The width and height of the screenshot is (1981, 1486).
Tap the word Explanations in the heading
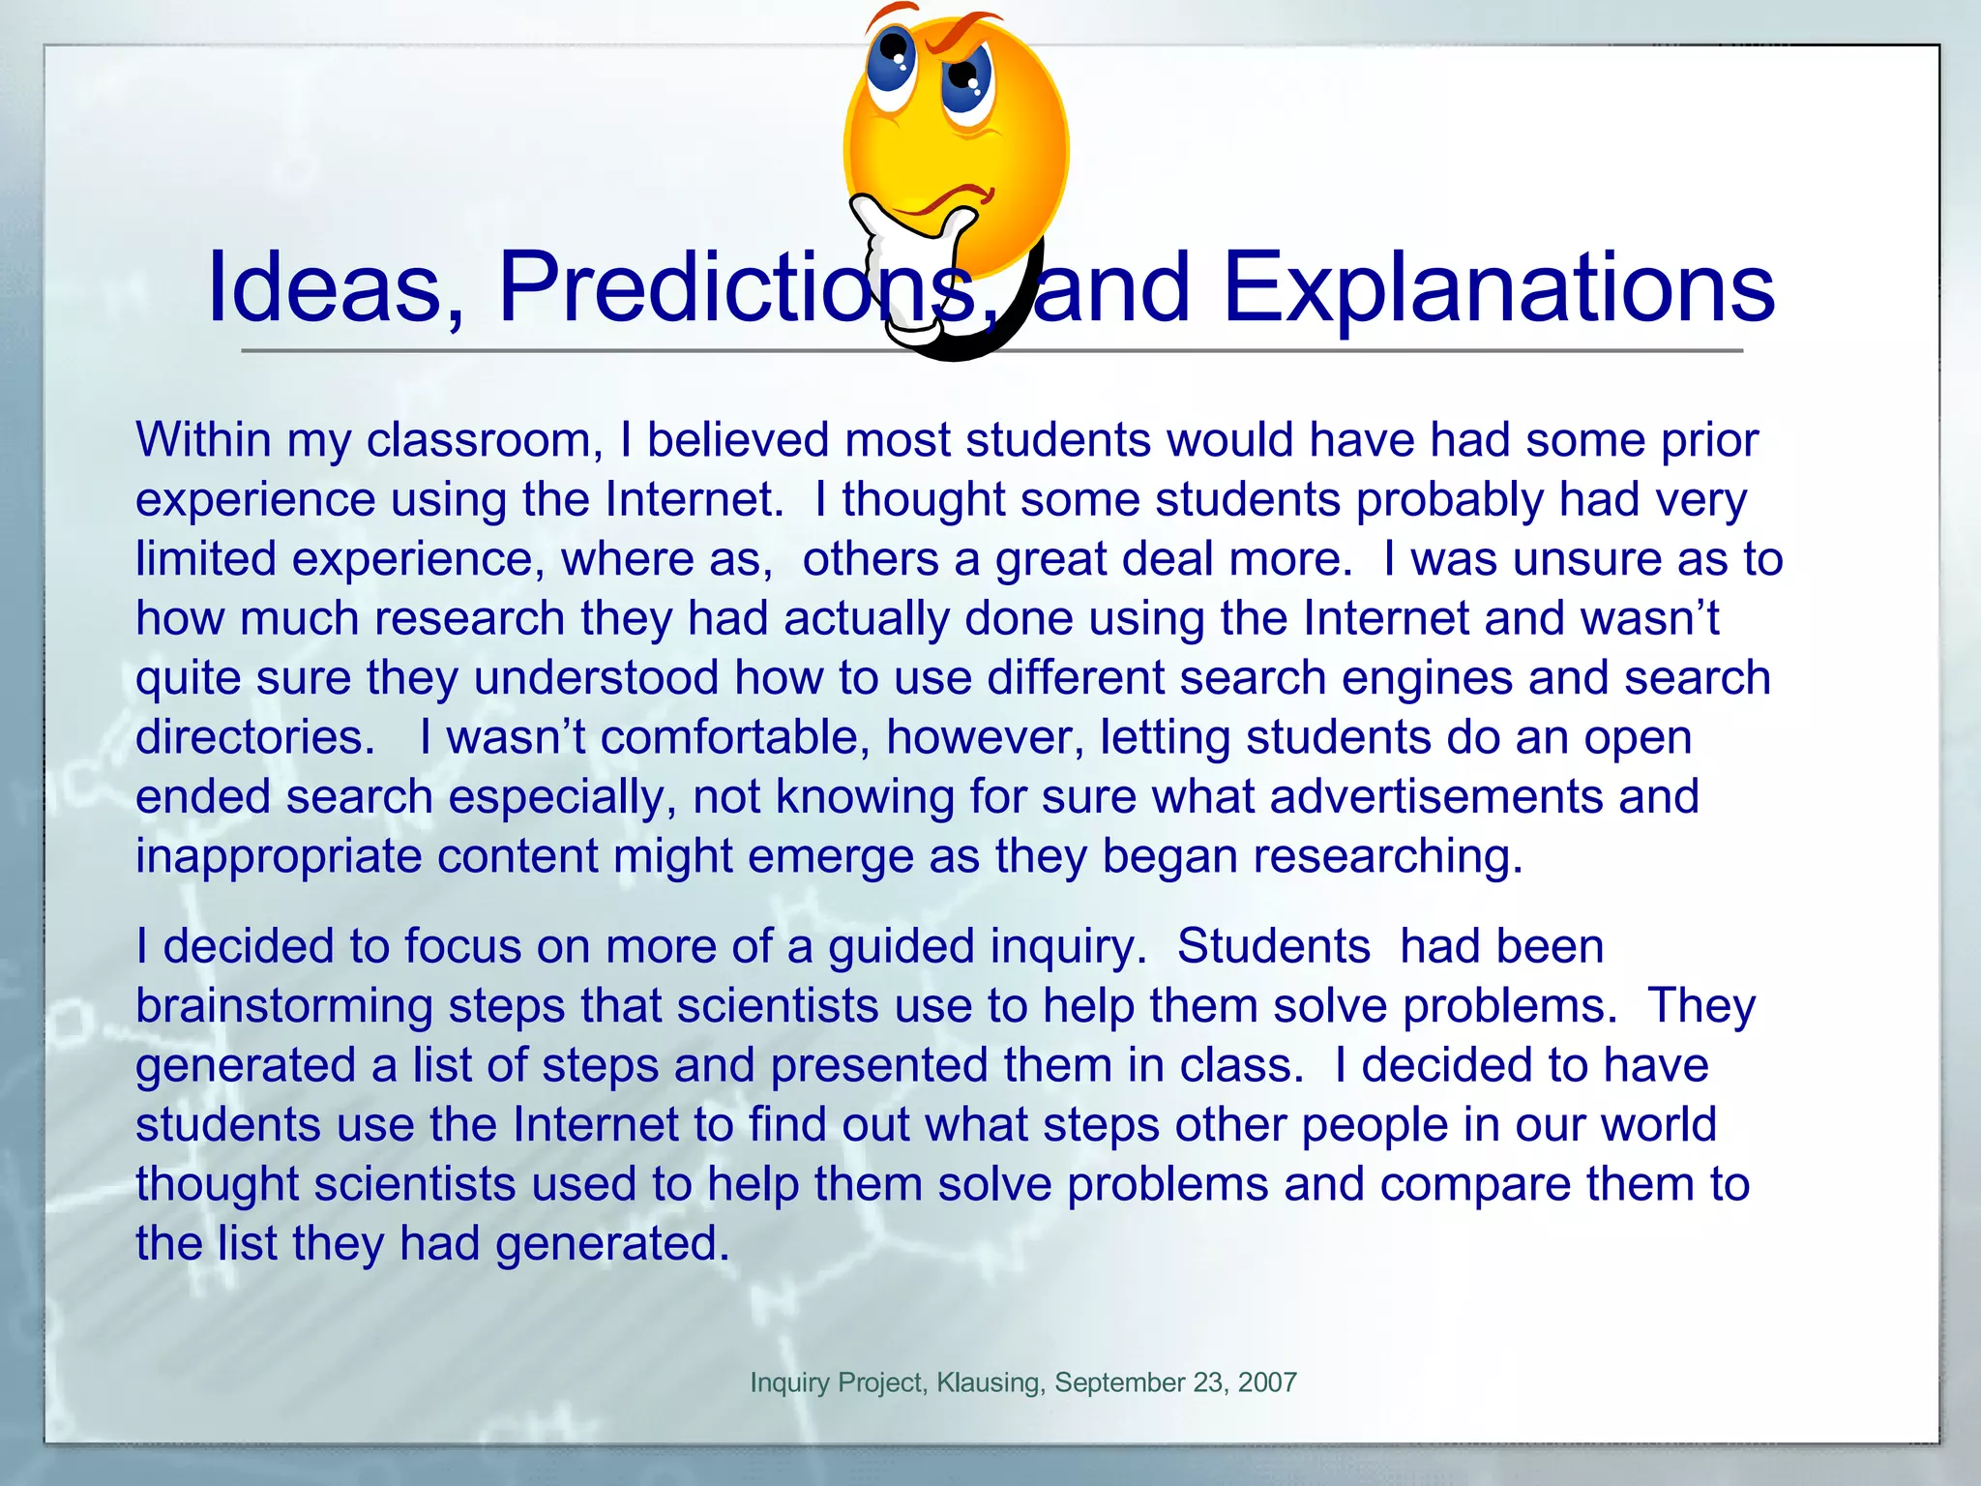tap(1498, 287)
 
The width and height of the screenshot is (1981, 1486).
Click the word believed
tap(738, 440)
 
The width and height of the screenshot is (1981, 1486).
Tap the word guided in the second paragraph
tap(901, 946)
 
